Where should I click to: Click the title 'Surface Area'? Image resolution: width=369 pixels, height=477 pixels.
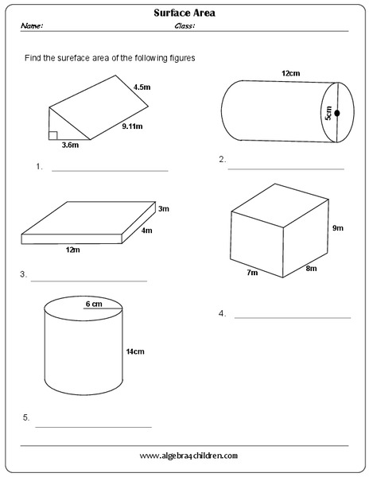pos(185,13)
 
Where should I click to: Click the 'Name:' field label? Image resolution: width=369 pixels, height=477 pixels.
pos(33,25)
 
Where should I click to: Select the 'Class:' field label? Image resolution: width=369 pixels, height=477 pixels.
pos(184,25)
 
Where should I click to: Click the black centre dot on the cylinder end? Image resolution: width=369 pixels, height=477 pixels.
pos(337,114)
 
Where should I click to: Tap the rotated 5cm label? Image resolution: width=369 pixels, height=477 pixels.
pos(328,114)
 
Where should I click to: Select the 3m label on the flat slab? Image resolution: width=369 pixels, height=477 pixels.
pos(164,209)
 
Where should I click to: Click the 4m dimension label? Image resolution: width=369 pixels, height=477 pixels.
pos(146,231)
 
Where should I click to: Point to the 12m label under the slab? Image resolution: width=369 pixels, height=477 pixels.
pos(72,250)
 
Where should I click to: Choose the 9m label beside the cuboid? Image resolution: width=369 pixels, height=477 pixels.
pos(337,228)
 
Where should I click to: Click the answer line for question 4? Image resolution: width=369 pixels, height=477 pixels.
pos(292,317)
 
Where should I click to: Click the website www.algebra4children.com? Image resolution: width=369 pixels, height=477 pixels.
pos(188,456)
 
